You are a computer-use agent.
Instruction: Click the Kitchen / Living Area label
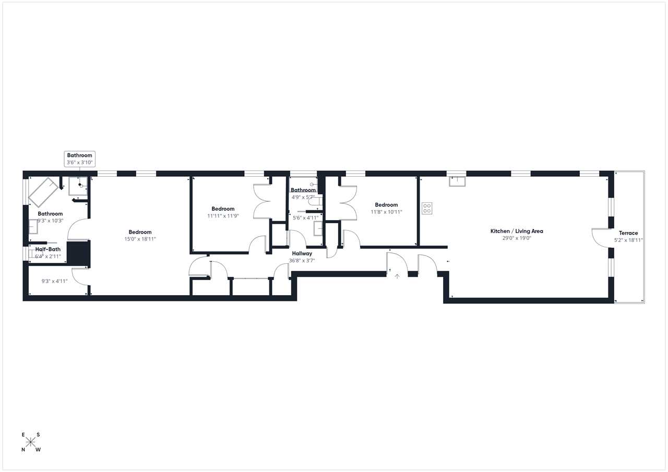pos(517,231)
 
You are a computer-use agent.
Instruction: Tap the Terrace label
pos(628,233)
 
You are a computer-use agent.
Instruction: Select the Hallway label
pos(302,253)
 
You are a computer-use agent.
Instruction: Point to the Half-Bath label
pos(47,249)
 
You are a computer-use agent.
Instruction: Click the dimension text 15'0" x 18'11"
pos(140,239)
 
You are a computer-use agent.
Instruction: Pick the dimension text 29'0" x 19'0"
pos(517,238)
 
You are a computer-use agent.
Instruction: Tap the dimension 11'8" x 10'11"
pos(386,212)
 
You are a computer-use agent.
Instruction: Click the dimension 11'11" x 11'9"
pos(223,216)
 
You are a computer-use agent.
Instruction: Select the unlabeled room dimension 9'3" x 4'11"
pos(54,281)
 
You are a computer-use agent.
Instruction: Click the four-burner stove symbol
pos(427,208)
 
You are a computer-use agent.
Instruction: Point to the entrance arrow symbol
pos(397,276)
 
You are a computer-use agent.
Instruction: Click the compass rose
pos(30,442)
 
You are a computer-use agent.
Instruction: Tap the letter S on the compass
pos(38,435)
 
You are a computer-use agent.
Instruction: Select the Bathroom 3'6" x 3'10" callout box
pos(80,159)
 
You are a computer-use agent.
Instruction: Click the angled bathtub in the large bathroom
pos(43,192)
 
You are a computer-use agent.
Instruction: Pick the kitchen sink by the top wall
pos(457,181)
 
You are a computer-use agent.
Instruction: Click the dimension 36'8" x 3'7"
pos(302,260)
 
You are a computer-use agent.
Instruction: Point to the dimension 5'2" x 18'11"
pos(628,240)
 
